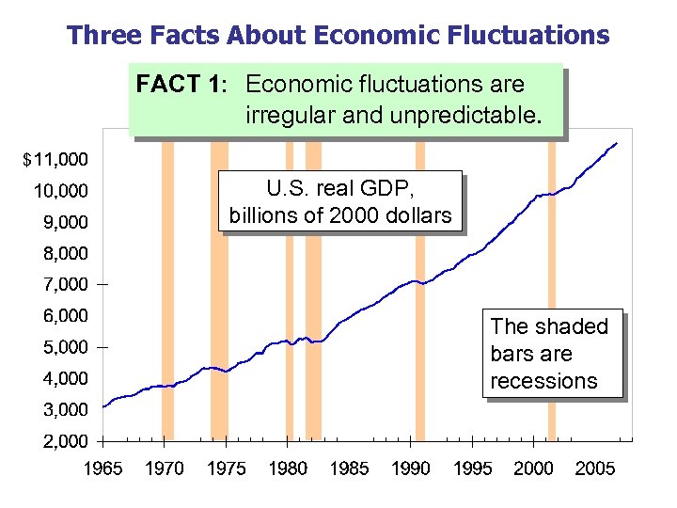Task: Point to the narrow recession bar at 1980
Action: click(x=290, y=395)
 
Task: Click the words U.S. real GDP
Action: click(x=340, y=187)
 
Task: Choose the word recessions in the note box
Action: click(x=543, y=381)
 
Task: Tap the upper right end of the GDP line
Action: click(x=616, y=143)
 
